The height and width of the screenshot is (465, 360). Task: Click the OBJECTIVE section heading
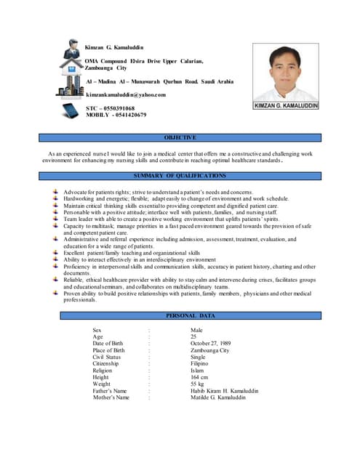(x=180, y=137)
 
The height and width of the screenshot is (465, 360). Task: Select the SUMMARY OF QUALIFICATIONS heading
(x=180, y=176)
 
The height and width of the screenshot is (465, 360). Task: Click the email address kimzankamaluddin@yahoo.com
(x=126, y=95)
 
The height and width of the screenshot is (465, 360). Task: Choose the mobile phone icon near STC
(x=71, y=111)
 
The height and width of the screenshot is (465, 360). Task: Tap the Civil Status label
(x=106, y=357)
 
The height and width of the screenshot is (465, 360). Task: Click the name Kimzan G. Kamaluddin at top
(x=114, y=47)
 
